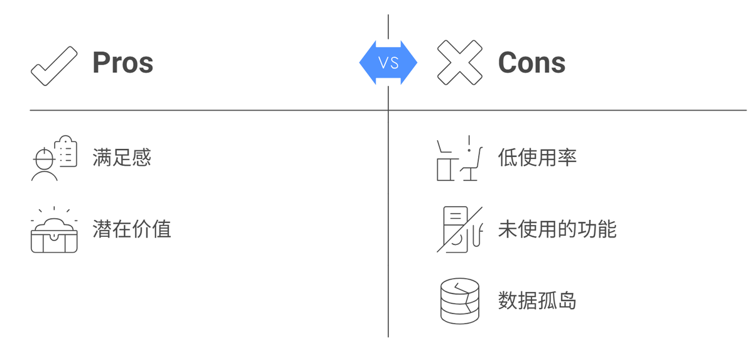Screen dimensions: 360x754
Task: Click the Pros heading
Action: coord(123,63)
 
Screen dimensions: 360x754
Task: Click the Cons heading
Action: coord(532,63)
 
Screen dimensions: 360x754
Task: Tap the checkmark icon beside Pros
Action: coord(54,65)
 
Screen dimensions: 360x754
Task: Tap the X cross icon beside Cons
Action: coord(459,63)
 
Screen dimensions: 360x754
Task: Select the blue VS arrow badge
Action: coord(388,63)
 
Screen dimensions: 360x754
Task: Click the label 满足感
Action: coord(122,157)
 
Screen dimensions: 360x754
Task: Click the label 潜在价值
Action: coord(131,229)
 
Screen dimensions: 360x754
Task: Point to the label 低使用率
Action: coord(537,157)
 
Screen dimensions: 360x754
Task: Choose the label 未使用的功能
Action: coord(557,229)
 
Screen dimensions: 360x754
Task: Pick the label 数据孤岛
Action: coord(537,300)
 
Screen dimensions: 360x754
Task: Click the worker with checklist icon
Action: coord(54,158)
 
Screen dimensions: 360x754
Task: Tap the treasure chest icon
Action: coord(54,231)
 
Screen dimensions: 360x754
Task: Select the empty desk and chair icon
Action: coord(459,158)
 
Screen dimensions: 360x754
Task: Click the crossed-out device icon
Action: coord(459,229)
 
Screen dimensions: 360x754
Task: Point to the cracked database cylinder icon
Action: coord(459,300)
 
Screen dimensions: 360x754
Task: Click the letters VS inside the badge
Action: coord(388,63)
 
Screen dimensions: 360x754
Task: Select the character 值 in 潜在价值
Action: coord(161,229)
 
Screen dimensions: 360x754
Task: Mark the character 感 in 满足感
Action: coord(142,157)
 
